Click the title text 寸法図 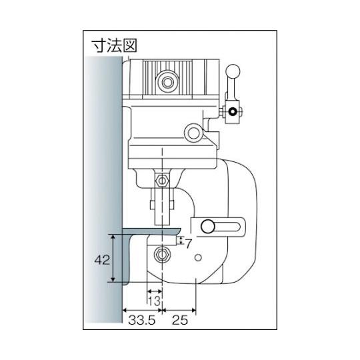pyautogui.click(x=115, y=46)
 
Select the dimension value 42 pyautogui.click(x=102, y=260)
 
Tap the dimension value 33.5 pyautogui.click(x=141, y=320)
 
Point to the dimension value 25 pyautogui.click(x=180, y=320)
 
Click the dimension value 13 pyautogui.click(x=154, y=301)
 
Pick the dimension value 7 pyautogui.click(x=188, y=244)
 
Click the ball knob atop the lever pyautogui.click(x=233, y=71)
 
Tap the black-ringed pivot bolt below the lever pyautogui.click(x=233, y=112)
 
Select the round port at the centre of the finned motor pyautogui.click(x=167, y=82)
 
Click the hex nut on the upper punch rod pyautogui.click(x=162, y=179)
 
